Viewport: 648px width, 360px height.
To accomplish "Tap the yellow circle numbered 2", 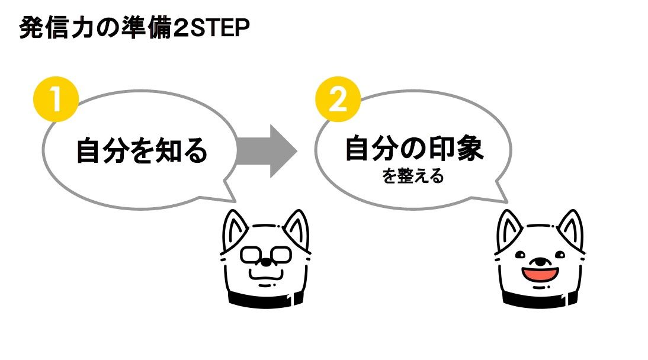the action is point(337,99).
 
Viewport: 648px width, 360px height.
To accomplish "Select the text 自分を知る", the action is point(142,151).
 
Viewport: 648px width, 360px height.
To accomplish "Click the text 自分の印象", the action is point(415,149).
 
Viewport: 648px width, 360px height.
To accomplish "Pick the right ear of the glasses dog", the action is point(297,229).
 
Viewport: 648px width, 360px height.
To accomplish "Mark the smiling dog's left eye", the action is point(520,255).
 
